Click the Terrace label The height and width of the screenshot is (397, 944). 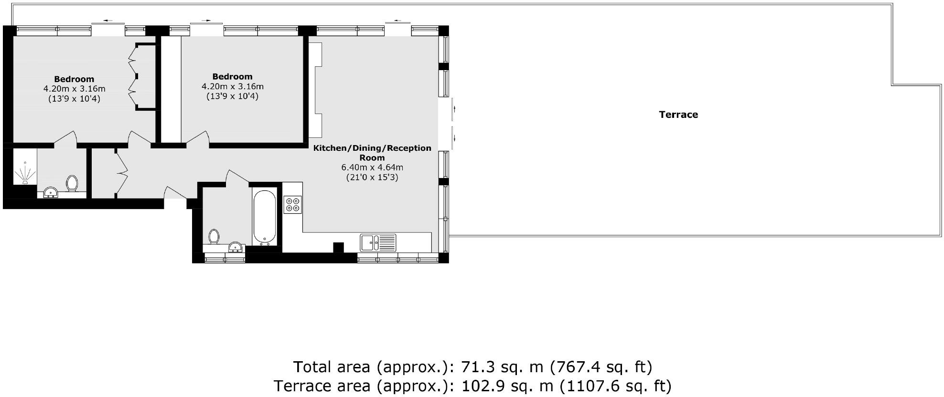click(678, 115)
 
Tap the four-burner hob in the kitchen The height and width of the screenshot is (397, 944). click(292, 205)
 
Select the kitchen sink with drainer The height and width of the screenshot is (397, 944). click(378, 242)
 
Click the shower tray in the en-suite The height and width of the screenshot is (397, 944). click(24, 172)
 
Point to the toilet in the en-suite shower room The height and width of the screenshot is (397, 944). click(72, 183)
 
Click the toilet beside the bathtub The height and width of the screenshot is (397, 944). click(214, 236)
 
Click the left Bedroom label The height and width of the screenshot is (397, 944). click(74, 79)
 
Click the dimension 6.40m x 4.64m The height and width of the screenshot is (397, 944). click(372, 167)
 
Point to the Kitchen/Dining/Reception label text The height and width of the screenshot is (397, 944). click(372, 148)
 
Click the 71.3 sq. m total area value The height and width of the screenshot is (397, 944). click(502, 367)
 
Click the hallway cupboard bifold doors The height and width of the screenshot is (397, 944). click(121, 172)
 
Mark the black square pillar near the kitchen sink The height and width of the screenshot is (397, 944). click(338, 248)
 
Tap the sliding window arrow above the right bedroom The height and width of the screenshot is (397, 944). click(206, 21)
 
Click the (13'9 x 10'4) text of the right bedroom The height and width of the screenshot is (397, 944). click(232, 96)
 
